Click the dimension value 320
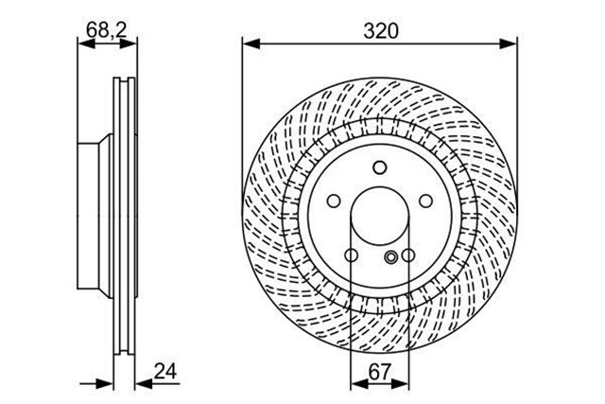click(x=380, y=31)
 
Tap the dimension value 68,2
click(x=107, y=29)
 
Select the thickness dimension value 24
click(x=165, y=371)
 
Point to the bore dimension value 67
click(x=380, y=372)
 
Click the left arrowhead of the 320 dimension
click(x=251, y=44)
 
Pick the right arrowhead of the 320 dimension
click(x=508, y=44)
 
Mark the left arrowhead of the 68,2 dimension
click(x=86, y=44)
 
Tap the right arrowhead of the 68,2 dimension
click(x=129, y=44)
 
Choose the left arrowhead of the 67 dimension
click(x=359, y=384)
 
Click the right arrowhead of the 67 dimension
click(x=400, y=384)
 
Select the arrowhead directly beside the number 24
click(x=145, y=384)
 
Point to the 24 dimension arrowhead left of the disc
click(x=105, y=384)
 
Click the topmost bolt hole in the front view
click(x=380, y=167)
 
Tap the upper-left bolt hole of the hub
click(x=334, y=201)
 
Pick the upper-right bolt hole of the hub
click(x=426, y=201)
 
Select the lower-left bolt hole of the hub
click(x=351, y=255)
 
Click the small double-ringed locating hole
click(x=391, y=256)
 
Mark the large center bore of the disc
click(x=380, y=216)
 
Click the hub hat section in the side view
click(x=95, y=216)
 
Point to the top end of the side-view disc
click(x=124, y=79)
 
